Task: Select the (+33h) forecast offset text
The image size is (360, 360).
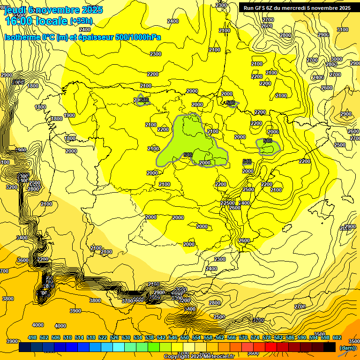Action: tap(81, 21)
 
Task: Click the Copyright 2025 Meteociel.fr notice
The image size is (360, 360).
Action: tap(198, 357)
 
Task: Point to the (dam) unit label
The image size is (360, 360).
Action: tap(347, 347)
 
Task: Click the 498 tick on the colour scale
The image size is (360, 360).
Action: tap(32, 338)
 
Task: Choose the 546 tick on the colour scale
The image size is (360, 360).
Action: tap(173, 338)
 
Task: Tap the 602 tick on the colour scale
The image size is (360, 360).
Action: tap(337, 338)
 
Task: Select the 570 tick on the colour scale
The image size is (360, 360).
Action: tap(243, 338)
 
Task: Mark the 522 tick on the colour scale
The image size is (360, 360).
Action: tap(103, 338)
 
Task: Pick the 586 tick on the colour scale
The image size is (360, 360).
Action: tap(290, 338)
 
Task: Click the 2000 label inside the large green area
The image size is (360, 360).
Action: tap(205, 163)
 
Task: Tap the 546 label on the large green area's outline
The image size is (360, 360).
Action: tap(188, 155)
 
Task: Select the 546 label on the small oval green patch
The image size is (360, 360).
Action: tap(268, 141)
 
